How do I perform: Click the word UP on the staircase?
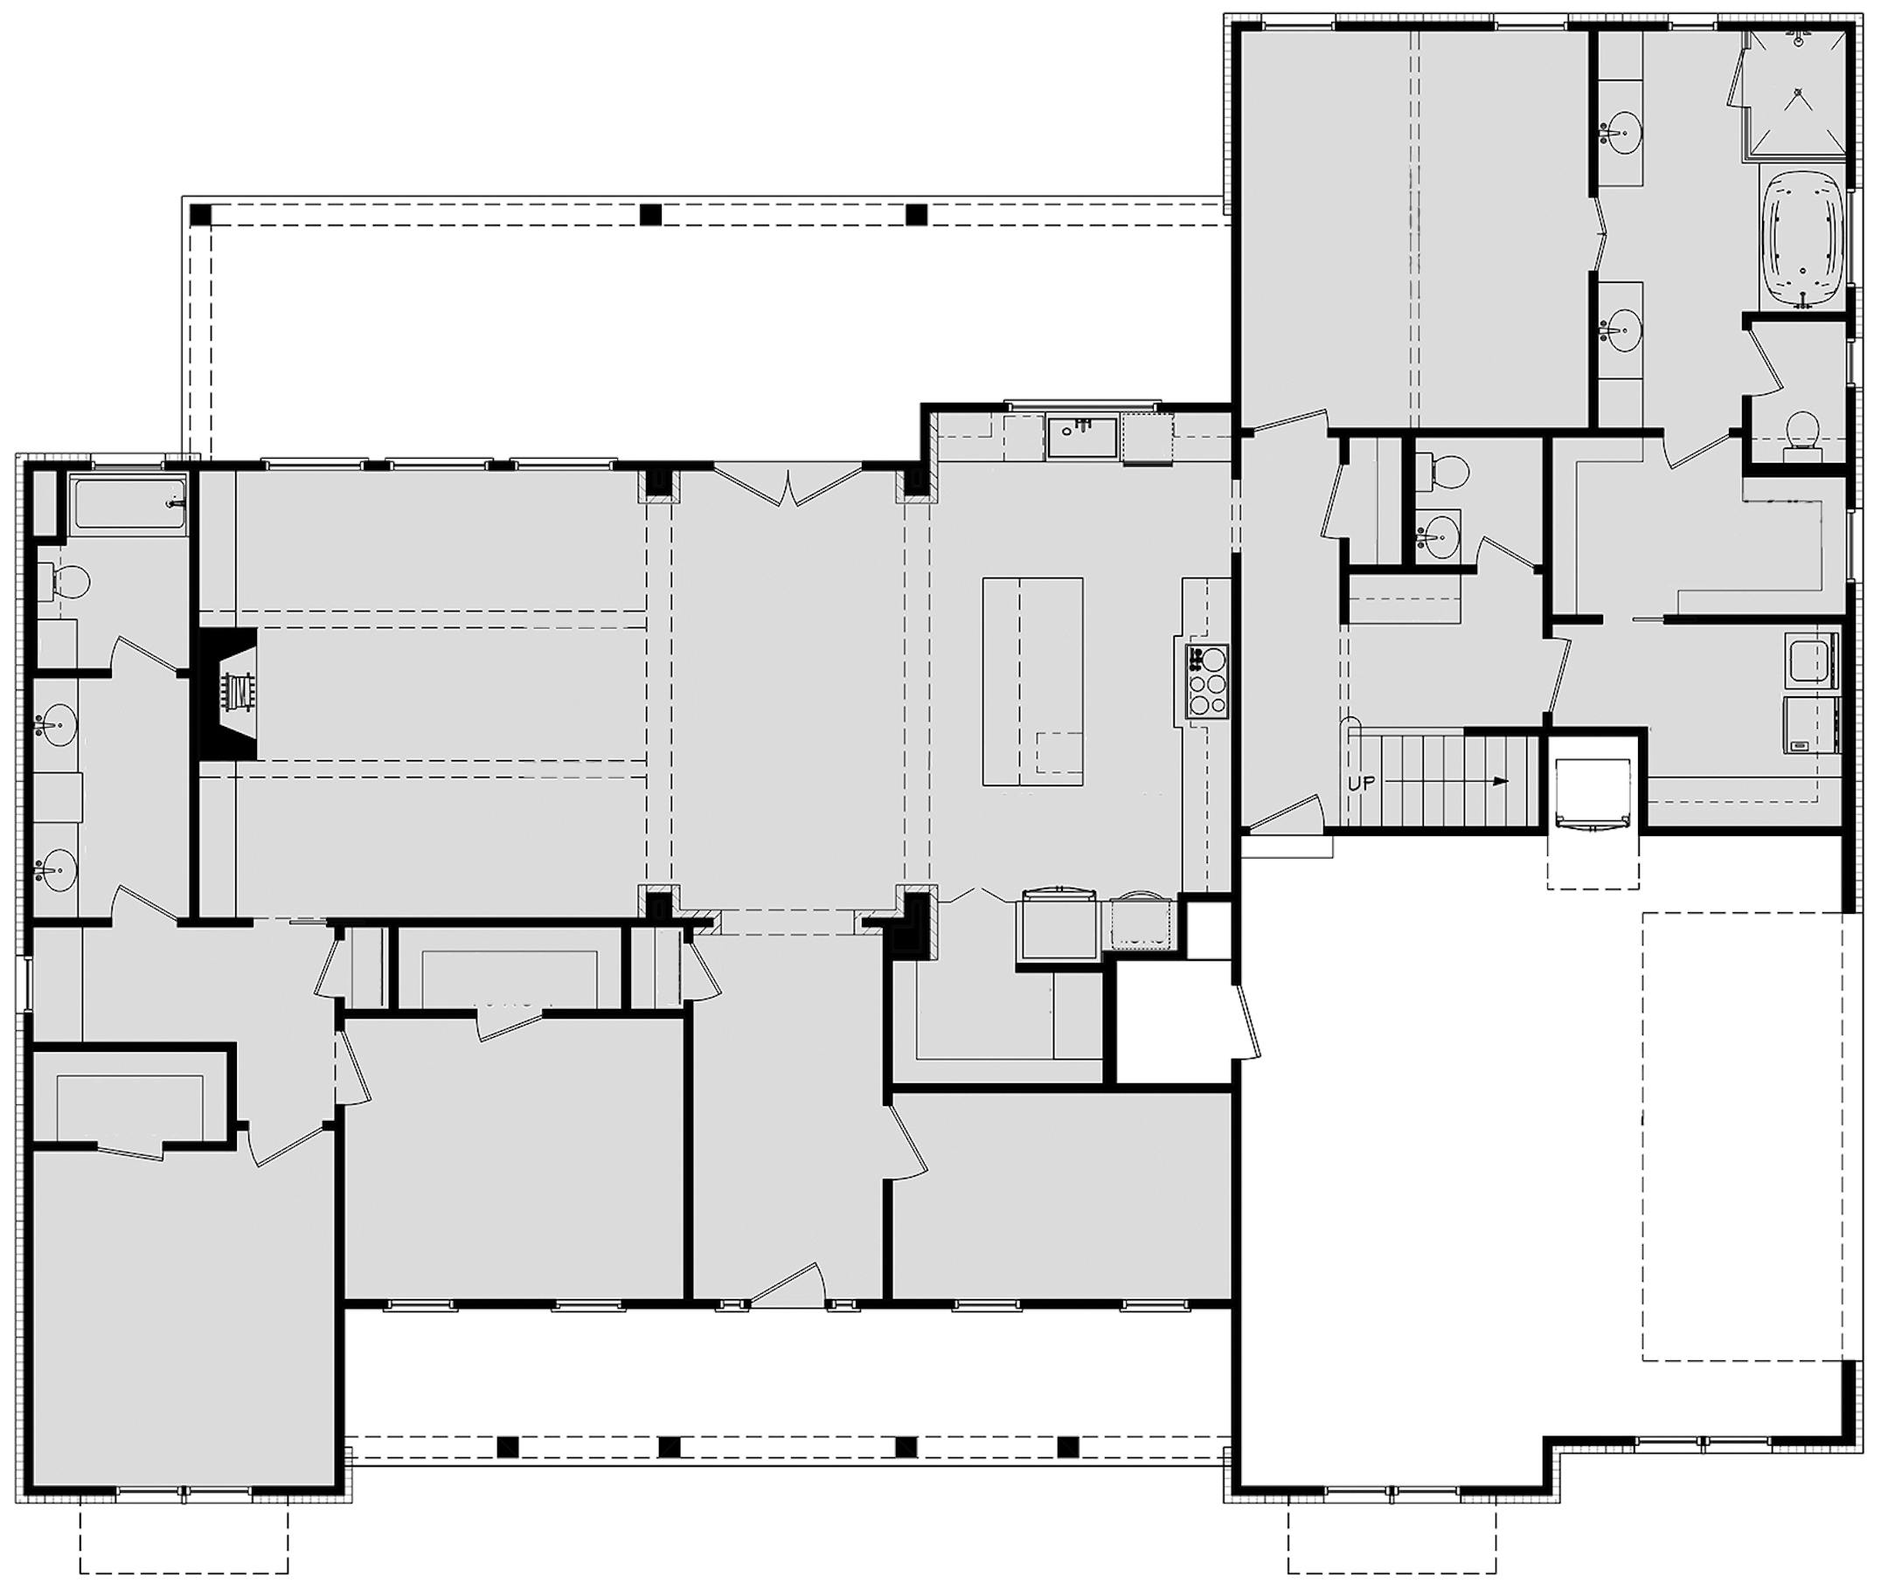[x=1361, y=784]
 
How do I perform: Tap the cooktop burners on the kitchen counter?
[x=1207, y=682]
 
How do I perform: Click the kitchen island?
[x=1032, y=681]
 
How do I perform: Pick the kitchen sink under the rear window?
[x=1081, y=437]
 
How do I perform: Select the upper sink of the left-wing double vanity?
[x=56, y=727]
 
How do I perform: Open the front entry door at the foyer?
[x=788, y=1284]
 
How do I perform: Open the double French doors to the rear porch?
[x=788, y=487]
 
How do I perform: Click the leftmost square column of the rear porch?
[x=200, y=216]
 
